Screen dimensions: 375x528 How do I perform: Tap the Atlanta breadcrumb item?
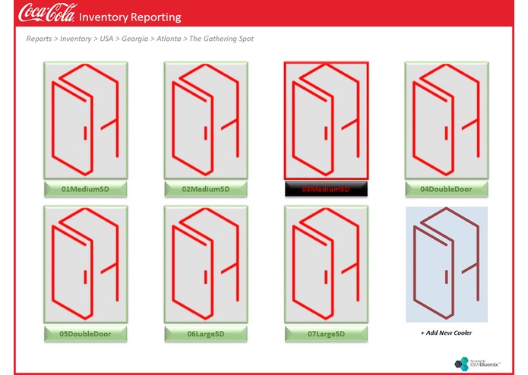click(172, 39)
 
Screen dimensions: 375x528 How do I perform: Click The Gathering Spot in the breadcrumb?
click(221, 39)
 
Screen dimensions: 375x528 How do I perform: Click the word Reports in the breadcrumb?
click(40, 39)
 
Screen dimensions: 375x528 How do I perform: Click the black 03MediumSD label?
click(325, 189)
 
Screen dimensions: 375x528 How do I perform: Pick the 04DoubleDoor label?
click(446, 189)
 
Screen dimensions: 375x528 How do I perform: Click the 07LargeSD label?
click(325, 334)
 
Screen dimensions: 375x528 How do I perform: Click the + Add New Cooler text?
click(446, 333)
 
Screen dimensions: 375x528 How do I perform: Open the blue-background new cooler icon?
click(446, 263)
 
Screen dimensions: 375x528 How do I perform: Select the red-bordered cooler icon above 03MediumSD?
click(325, 120)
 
